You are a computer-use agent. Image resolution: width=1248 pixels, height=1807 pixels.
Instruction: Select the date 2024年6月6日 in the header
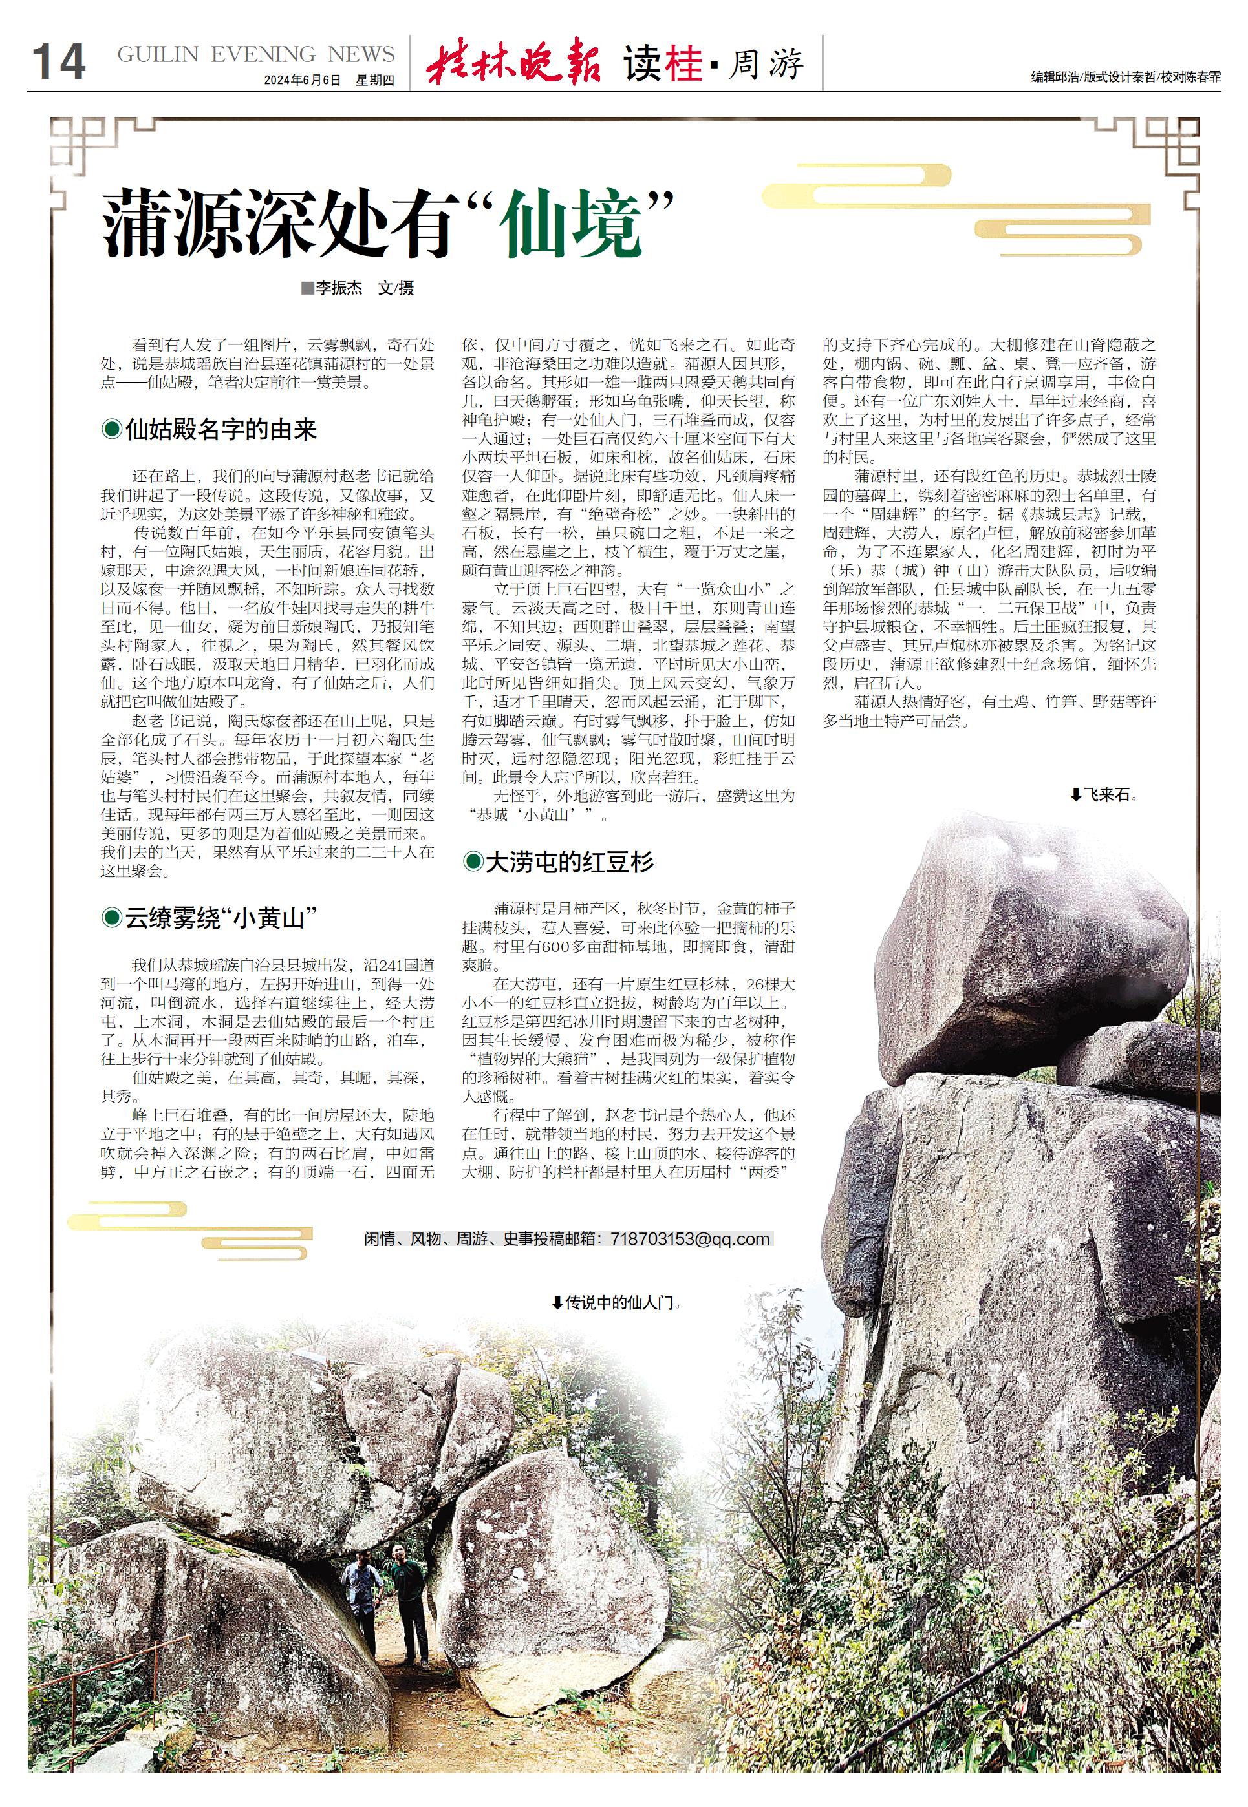pos(303,81)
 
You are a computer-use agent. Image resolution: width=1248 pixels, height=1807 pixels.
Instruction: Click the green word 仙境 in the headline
pos(573,227)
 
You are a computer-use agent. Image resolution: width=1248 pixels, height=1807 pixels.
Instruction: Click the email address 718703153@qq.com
pos(691,1239)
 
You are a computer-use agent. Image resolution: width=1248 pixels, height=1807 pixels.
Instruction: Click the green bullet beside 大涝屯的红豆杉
pos(472,862)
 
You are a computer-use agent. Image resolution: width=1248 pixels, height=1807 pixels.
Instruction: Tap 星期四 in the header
pos(375,81)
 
